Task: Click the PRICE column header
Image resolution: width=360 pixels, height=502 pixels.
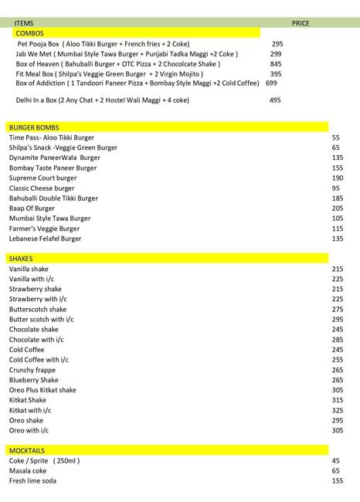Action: click(x=301, y=24)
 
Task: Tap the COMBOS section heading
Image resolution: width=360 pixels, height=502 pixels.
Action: click(x=29, y=34)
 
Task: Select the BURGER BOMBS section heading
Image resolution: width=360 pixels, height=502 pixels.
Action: click(x=34, y=127)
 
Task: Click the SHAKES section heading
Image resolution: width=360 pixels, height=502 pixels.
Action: click(x=21, y=259)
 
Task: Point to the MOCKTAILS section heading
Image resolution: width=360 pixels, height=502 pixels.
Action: click(x=27, y=449)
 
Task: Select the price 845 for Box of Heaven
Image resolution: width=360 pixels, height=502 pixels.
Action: click(x=276, y=64)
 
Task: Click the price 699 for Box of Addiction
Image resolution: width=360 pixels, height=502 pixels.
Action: click(x=271, y=83)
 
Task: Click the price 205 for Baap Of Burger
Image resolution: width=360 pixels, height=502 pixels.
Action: click(x=337, y=209)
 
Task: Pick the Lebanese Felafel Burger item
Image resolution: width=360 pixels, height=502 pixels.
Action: click(x=45, y=239)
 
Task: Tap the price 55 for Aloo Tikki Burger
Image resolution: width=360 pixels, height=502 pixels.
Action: click(x=336, y=137)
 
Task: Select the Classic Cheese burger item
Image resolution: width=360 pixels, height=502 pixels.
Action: click(x=42, y=188)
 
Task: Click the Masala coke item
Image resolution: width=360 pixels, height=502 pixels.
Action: click(x=28, y=470)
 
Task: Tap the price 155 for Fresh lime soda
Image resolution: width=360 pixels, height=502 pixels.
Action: click(x=337, y=480)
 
